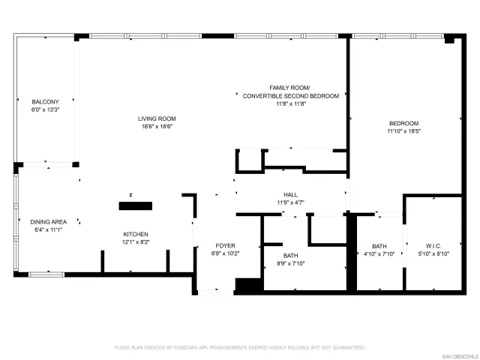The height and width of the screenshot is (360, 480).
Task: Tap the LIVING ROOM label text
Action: [156, 118]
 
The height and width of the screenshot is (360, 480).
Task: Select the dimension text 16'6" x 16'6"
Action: [156, 127]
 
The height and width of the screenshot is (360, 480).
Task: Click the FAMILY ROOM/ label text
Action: [289, 88]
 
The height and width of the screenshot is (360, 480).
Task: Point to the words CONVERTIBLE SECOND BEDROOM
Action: [289, 96]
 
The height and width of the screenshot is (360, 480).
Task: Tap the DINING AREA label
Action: [49, 221]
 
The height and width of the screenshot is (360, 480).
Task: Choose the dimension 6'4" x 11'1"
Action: [49, 230]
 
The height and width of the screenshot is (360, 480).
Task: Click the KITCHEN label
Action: [136, 234]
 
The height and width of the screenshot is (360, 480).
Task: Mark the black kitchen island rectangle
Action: [136, 205]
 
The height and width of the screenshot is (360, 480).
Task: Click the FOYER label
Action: [226, 245]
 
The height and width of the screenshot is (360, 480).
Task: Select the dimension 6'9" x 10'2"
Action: [226, 253]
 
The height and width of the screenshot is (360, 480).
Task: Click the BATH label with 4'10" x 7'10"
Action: [379, 245]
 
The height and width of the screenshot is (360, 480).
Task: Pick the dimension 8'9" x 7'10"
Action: [290, 263]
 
